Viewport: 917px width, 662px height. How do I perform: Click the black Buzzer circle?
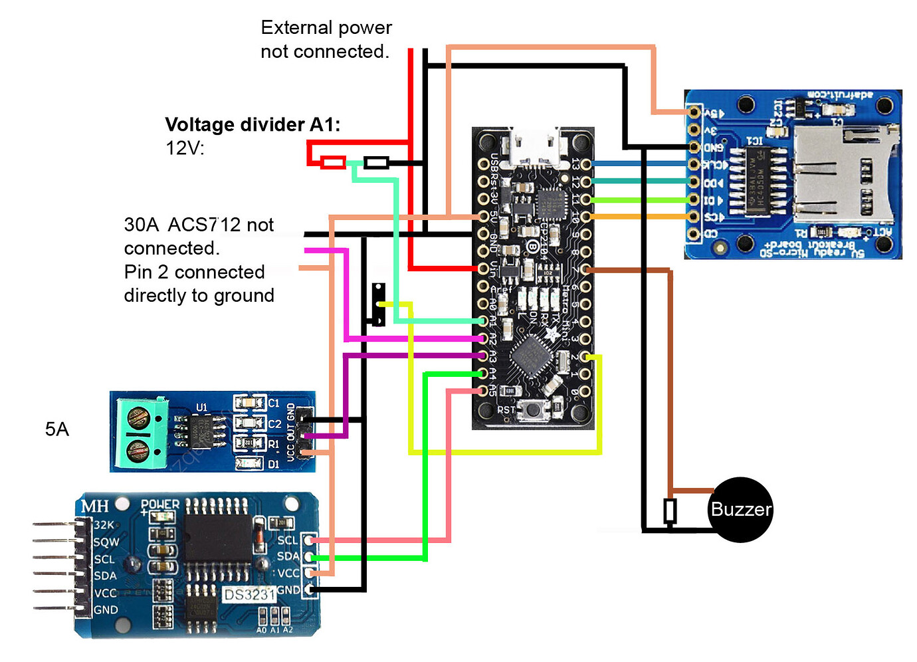pyautogui.click(x=741, y=510)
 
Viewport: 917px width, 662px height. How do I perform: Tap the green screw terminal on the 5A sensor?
pyautogui.click(x=140, y=433)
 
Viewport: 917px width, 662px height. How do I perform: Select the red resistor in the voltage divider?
pyautogui.click(x=333, y=162)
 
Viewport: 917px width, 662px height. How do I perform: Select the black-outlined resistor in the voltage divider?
pyautogui.click(x=377, y=162)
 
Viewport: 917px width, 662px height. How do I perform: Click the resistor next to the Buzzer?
pyautogui.click(x=670, y=511)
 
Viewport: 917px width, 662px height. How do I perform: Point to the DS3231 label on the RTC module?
pyautogui.click(x=249, y=594)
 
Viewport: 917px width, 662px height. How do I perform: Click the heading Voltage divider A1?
pyautogui.click(x=253, y=125)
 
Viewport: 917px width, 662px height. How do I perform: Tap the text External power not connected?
pyautogui.click(x=326, y=39)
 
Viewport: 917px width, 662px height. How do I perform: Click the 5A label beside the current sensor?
pyautogui.click(x=57, y=429)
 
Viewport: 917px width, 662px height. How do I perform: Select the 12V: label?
pyautogui.click(x=185, y=148)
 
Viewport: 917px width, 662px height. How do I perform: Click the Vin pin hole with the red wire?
pyautogui.click(x=484, y=269)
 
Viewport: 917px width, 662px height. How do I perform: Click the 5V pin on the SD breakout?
pyautogui.click(x=694, y=112)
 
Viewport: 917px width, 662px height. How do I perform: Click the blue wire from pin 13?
pyautogui.click(x=638, y=164)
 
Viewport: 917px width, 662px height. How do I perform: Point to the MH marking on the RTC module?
pyautogui.click(x=94, y=507)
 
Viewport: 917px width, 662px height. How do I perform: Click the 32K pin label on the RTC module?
pyautogui.click(x=103, y=525)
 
